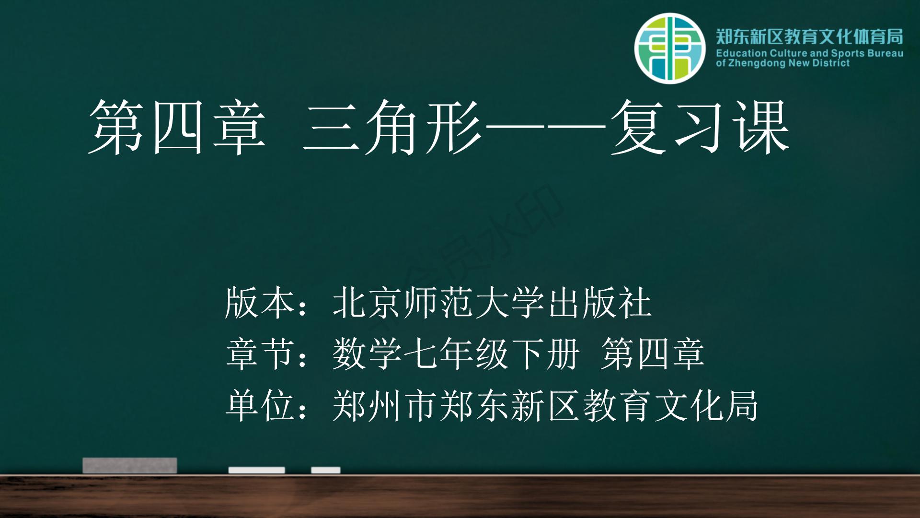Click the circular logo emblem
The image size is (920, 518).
[670, 48]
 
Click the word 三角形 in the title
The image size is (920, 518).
[392, 128]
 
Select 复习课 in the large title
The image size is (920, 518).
[700, 128]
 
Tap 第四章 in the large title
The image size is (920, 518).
[177, 128]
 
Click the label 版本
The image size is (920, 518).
[259, 303]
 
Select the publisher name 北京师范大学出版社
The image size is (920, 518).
[492, 303]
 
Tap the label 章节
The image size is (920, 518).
[259, 353]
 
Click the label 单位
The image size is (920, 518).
[259, 405]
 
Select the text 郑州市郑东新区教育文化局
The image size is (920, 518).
[545, 405]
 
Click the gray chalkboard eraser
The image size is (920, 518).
[130, 465]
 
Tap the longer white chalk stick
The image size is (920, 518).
[256, 470]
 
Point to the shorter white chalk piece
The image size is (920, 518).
[326, 470]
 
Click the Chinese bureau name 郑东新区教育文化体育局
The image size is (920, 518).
[810, 36]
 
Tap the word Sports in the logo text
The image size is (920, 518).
[848, 53]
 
